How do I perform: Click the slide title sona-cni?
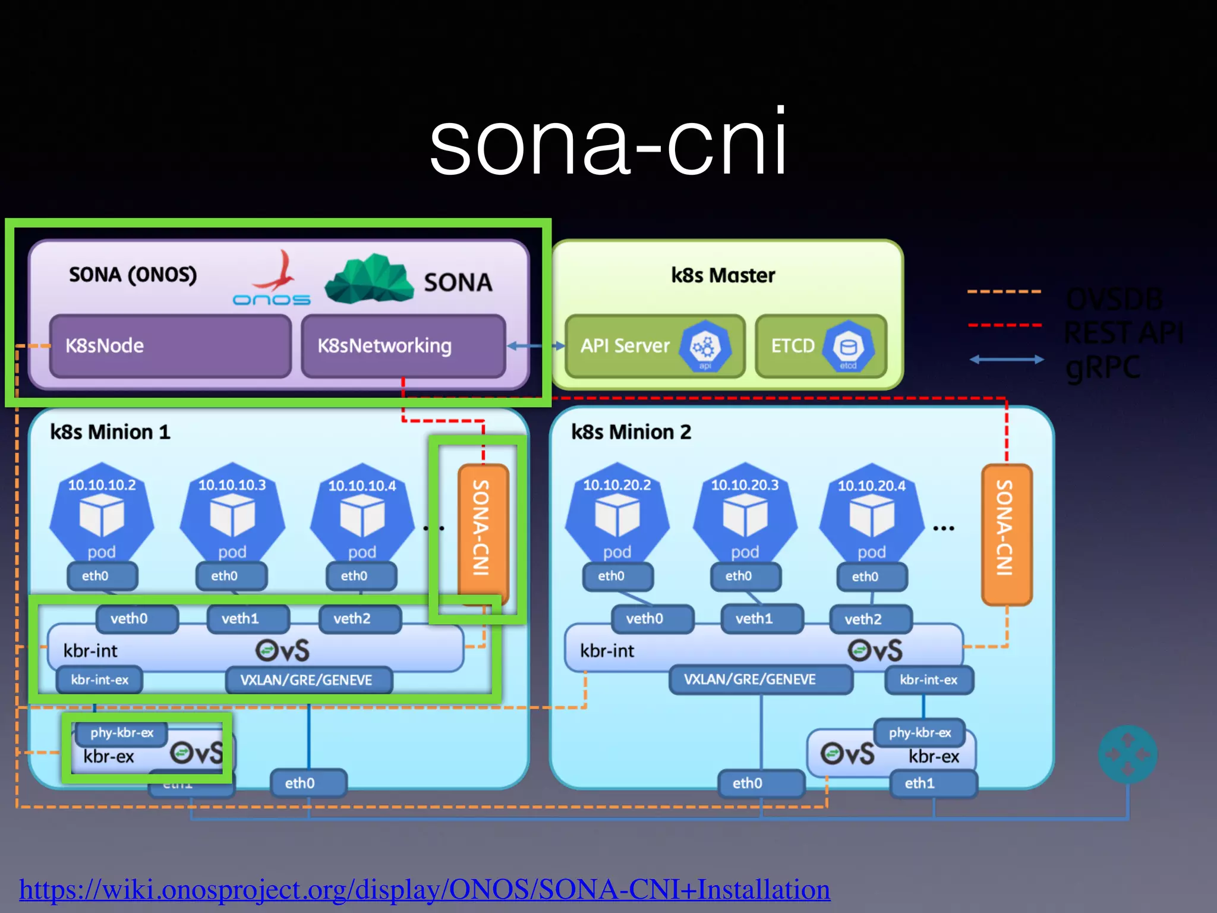(608, 143)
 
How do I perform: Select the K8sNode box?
(171, 346)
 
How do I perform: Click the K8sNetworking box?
(403, 346)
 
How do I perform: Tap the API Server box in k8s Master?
(654, 346)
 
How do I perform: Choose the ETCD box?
(821, 346)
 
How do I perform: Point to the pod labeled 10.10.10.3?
(232, 514)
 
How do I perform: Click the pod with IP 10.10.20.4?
(871, 514)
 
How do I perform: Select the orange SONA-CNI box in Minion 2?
(1006, 534)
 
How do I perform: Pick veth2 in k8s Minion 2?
(870, 619)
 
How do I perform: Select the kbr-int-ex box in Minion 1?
(99, 680)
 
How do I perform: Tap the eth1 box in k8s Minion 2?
(932, 783)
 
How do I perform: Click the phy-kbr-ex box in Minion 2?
(919, 733)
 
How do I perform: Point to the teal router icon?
(1127, 754)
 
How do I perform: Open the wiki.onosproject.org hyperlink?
(424, 890)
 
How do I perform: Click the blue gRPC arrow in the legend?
(1006, 359)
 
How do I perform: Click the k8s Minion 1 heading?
(110, 432)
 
